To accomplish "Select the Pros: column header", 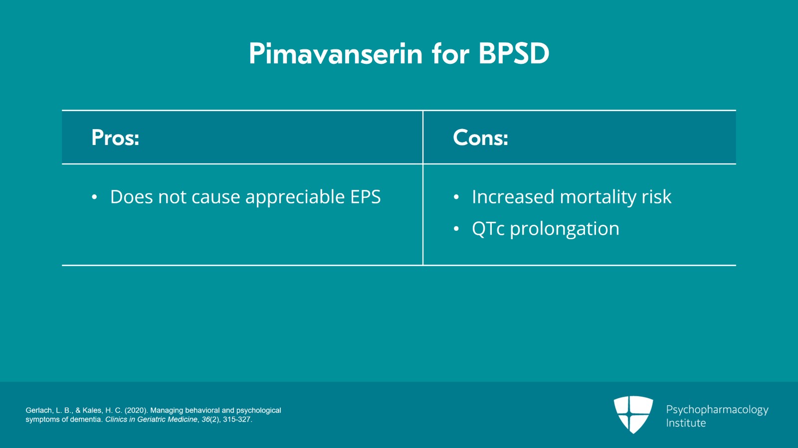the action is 115,138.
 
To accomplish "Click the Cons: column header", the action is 480,138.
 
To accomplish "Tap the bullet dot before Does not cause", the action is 94,197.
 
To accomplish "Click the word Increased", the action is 513,197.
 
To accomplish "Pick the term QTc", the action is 488,228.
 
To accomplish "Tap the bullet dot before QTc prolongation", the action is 456,229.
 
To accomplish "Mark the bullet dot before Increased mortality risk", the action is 456,197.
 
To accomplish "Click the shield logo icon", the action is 633,414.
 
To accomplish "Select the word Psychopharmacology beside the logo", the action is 717,410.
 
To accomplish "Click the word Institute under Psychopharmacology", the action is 686,423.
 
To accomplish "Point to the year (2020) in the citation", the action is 135,410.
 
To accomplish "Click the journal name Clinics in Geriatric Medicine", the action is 152,420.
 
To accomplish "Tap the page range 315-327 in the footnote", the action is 237,420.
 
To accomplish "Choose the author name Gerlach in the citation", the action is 39,410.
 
